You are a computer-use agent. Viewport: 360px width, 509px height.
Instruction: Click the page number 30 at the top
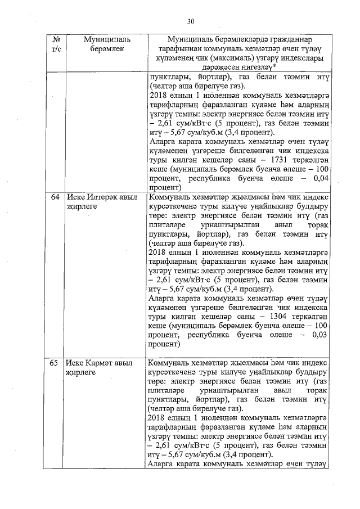pyautogui.click(x=191, y=22)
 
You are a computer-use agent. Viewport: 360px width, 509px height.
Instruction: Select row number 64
pyautogui.click(x=55, y=198)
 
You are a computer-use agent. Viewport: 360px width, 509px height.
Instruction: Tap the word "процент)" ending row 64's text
pyautogui.click(x=163, y=343)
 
